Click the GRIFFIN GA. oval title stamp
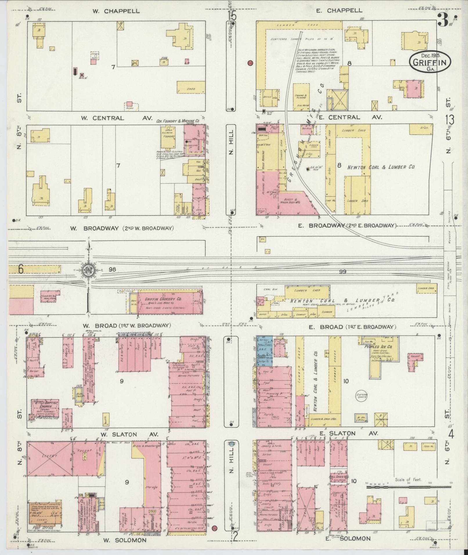pyautogui.click(x=431, y=62)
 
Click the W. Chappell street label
pyautogui.click(x=116, y=11)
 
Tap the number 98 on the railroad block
pyautogui.click(x=112, y=270)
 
